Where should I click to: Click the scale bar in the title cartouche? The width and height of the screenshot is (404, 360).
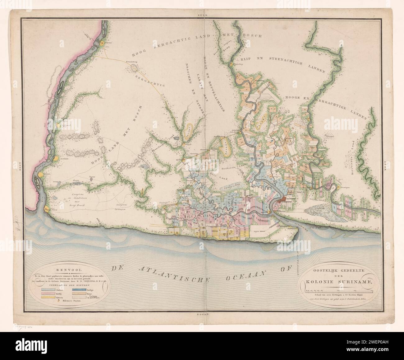tap(336, 290)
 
